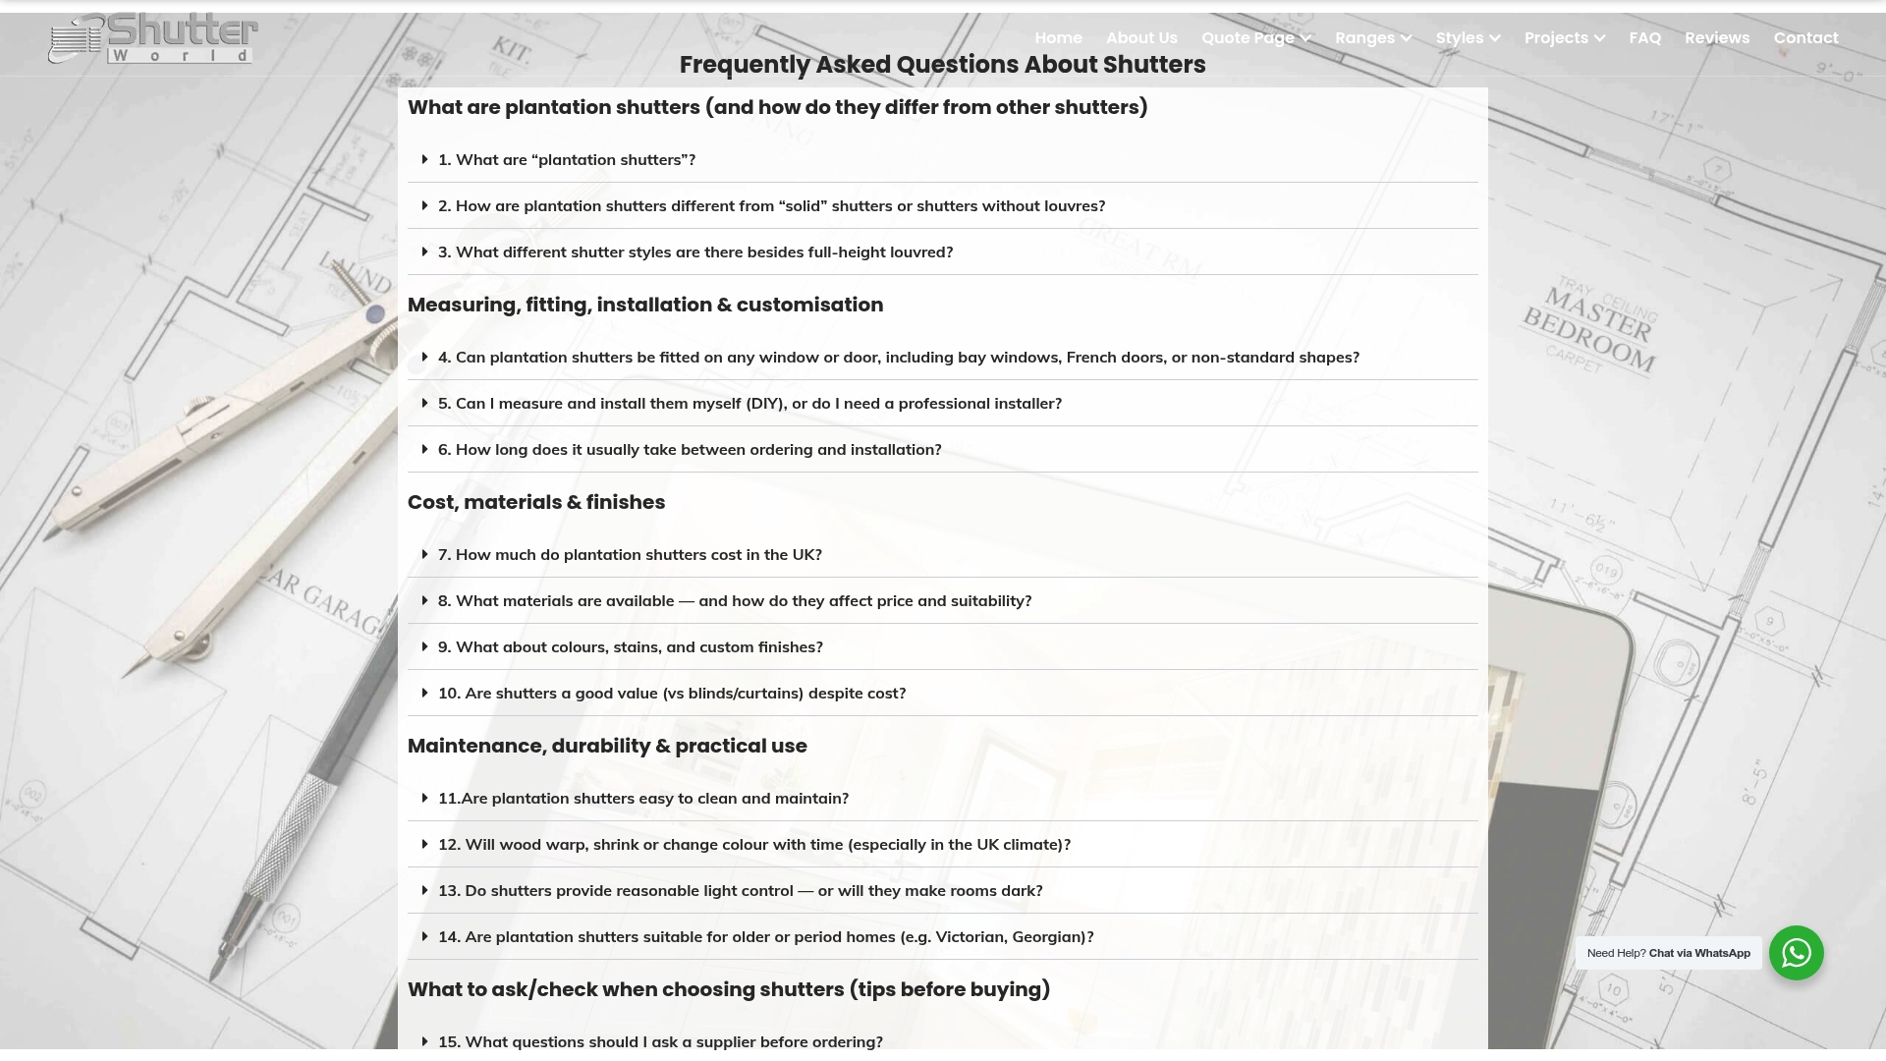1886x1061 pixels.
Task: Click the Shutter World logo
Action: [x=153, y=39]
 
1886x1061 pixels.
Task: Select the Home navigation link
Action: [x=1058, y=38]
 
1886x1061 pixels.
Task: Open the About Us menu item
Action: [x=1141, y=38]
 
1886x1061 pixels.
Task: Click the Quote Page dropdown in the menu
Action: [x=1255, y=38]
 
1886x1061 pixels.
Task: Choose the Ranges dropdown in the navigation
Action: [x=1372, y=38]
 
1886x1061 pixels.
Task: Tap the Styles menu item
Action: [x=1468, y=38]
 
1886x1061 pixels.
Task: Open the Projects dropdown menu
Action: [x=1564, y=38]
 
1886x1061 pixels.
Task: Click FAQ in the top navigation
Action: [x=1644, y=38]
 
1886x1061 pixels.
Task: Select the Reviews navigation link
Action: [x=1716, y=38]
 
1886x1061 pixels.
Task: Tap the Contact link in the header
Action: [x=1805, y=38]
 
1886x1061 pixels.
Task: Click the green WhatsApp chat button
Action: [x=1796, y=953]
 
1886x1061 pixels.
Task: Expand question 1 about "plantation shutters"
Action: [x=567, y=160]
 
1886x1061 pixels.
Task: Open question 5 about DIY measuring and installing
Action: [x=749, y=404]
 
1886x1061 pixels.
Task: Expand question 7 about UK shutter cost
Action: [x=630, y=555]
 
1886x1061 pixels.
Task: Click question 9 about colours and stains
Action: [x=630, y=647]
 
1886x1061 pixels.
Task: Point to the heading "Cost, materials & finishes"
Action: [x=536, y=502]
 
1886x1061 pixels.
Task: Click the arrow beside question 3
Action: [x=424, y=252]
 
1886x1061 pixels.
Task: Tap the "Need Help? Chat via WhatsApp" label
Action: [x=1668, y=953]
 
